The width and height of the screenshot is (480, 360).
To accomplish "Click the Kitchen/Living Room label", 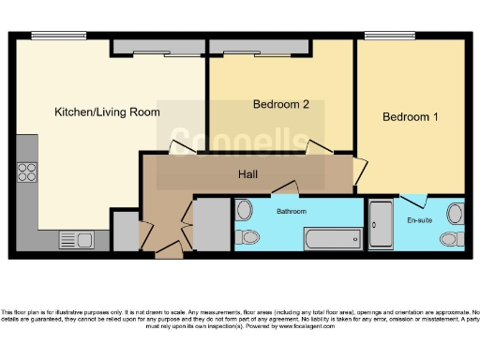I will [x=107, y=112].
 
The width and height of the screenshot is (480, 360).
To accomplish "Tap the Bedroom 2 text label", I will [x=280, y=104].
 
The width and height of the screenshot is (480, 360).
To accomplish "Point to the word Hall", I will [x=247, y=173].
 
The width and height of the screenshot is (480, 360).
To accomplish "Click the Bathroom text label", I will [x=291, y=212].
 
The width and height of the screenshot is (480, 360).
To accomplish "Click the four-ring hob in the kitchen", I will [x=26, y=172].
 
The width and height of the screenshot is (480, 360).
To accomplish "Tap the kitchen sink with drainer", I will [x=74, y=238].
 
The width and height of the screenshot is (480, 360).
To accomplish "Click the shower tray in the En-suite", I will [x=381, y=225].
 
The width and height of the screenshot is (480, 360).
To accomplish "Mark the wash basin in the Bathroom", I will [x=244, y=209].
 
